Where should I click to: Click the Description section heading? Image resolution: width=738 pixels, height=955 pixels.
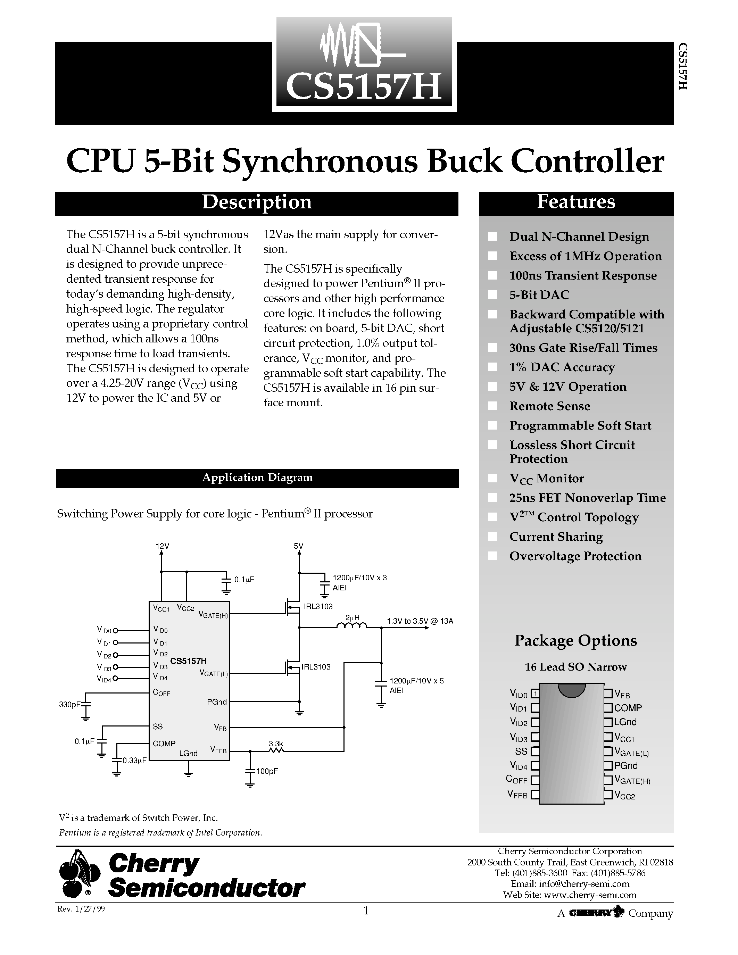pos(257,202)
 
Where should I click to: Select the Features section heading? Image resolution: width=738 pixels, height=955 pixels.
pos(576,202)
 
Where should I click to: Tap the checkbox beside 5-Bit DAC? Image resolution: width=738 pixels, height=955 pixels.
pos(493,295)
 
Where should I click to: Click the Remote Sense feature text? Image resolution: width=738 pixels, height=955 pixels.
pos(549,406)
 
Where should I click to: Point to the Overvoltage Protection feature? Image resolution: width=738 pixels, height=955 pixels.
pos(575,556)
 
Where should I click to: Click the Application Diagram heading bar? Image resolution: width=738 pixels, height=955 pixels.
pos(257,477)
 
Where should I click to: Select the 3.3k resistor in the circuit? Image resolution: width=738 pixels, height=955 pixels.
pos(276,751)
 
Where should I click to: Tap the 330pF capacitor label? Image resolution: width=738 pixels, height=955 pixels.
pos(69,705)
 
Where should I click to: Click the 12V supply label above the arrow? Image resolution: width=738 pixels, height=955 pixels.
pos(162,546)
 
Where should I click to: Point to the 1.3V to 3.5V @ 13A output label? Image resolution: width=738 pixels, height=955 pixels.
pos(420,621)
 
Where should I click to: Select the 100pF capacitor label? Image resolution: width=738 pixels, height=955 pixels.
pos(267,771)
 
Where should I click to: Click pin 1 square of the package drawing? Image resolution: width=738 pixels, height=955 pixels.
pos(535,694)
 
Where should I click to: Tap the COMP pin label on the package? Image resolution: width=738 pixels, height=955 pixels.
pos(628,708)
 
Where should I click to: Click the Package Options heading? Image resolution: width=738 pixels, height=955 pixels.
pos(575,641)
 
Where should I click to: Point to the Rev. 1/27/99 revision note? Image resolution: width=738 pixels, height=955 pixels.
pos(81,909)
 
